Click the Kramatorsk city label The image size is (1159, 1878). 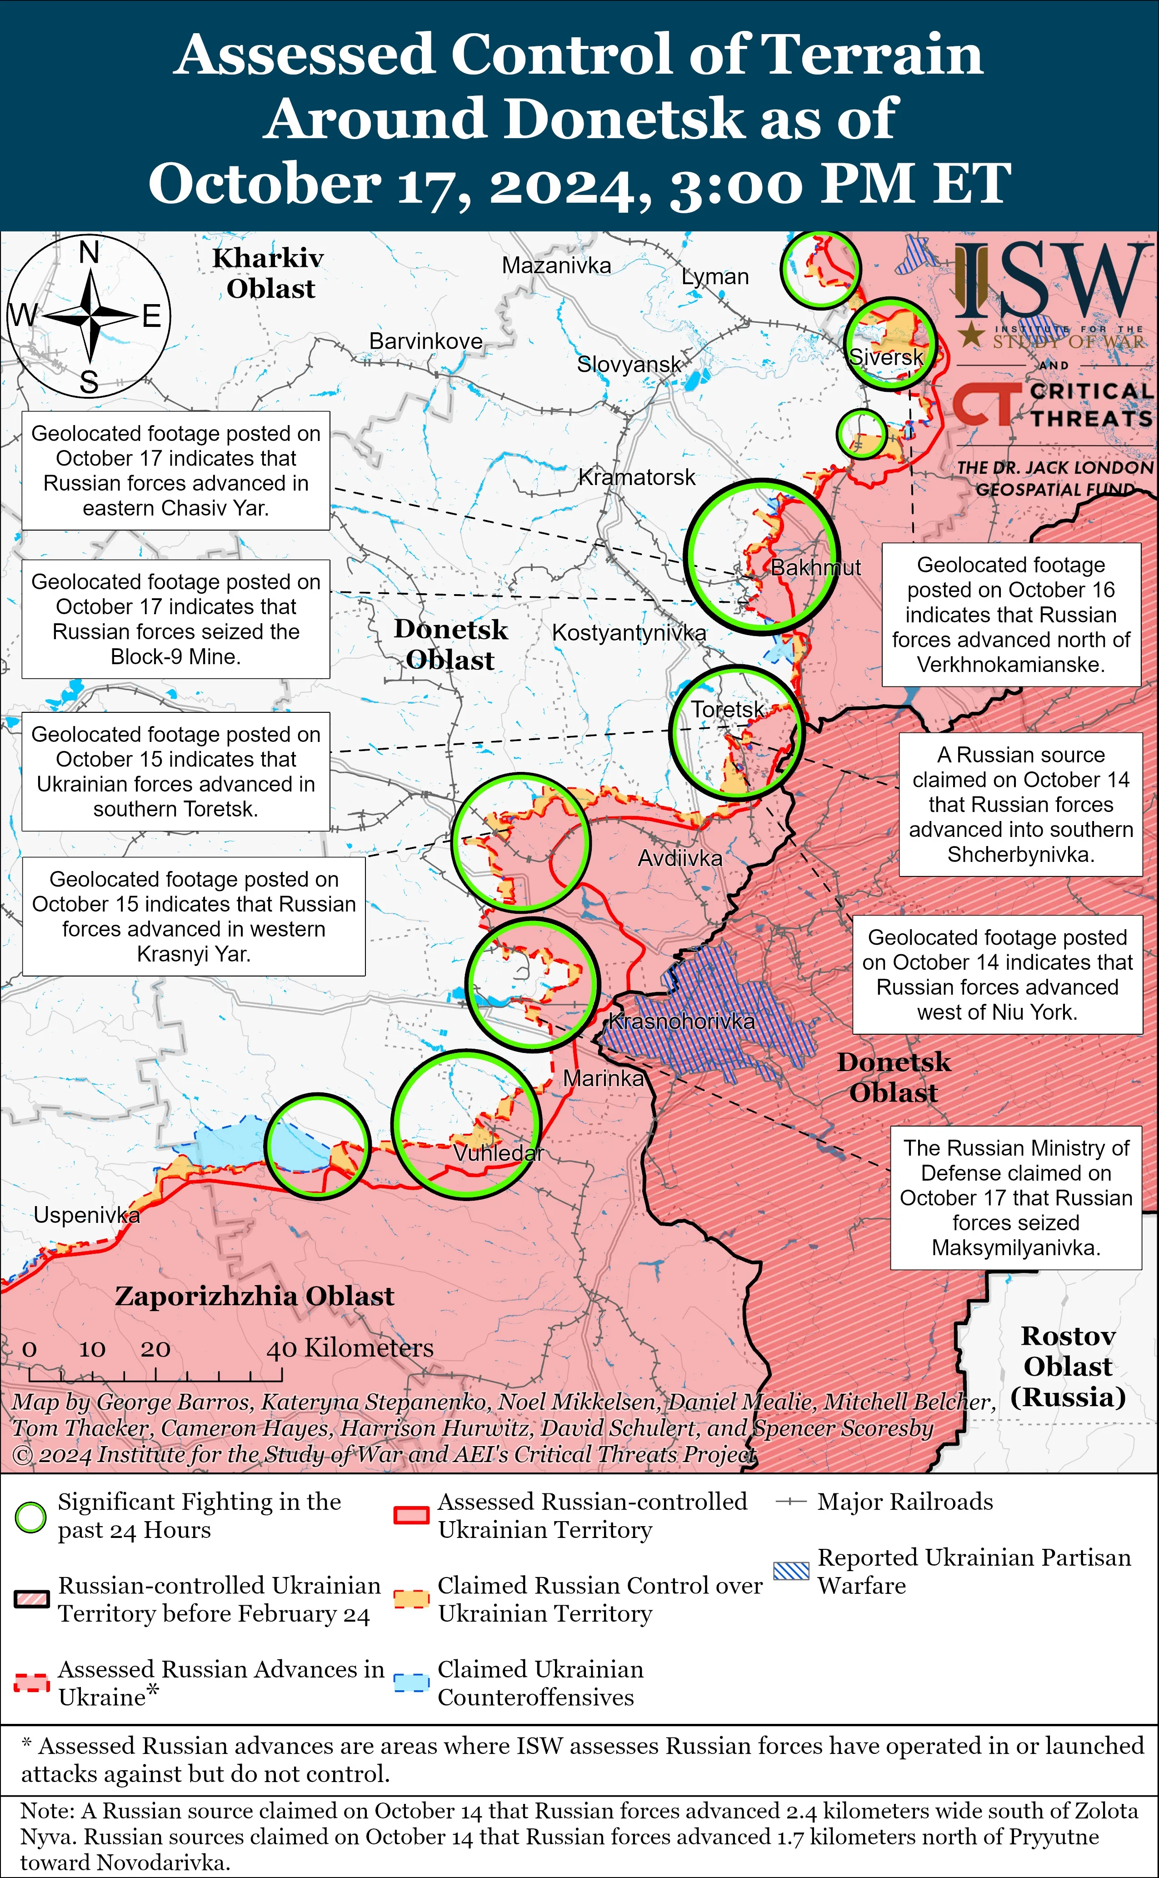coord(636,477)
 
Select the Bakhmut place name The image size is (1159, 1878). coord(815,567)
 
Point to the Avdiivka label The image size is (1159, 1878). coord(680,858)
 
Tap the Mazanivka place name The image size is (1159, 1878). coord(556,266)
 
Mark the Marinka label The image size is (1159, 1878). coord(603,1078)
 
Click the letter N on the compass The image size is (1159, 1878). coord(90,252)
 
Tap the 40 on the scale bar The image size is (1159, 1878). coord(281,1349)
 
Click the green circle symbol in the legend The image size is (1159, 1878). coord(30,1517)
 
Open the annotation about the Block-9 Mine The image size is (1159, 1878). coord(175,619)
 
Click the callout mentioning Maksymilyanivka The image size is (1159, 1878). coord(1016,1197)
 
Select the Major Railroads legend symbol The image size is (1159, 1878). coord(791,1502)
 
